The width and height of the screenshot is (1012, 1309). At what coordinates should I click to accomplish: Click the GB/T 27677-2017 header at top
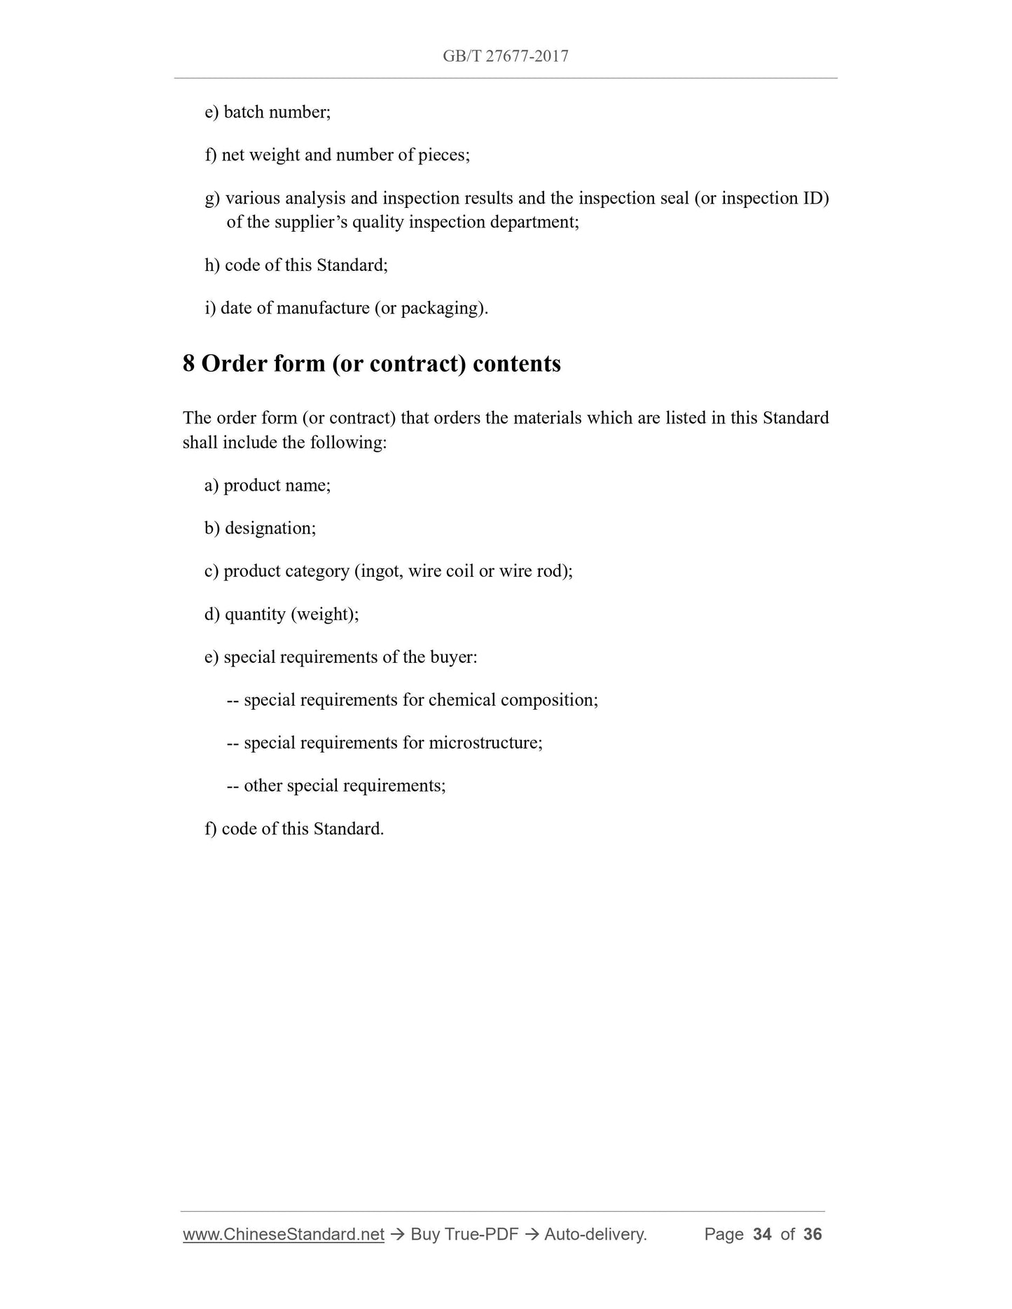tap(505, 56)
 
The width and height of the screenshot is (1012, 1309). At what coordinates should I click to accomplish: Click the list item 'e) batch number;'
tap(268, 112)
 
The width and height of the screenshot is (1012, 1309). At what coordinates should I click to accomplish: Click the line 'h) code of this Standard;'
tap(296, 265)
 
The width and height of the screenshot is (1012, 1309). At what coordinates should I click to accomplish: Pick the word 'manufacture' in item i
tap(323, 308)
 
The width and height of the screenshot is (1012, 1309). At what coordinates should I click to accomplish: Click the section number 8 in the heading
tap(188, 364)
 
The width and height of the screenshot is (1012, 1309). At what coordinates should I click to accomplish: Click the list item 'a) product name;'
tap(268, 485)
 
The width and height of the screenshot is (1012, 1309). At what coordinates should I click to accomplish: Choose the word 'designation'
tap(268, 528)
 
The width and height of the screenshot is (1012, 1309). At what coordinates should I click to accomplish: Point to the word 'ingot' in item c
tap(380, 571)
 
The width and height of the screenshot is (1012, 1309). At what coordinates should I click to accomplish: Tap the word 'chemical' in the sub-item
tap(462, 700)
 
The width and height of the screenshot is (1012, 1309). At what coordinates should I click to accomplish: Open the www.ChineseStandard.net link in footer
tap(284, 1234)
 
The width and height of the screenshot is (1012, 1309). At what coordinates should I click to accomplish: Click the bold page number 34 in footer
tap(762, 1234)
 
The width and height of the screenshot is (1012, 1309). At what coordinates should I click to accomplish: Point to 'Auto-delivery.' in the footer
tap(595, 1234)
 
